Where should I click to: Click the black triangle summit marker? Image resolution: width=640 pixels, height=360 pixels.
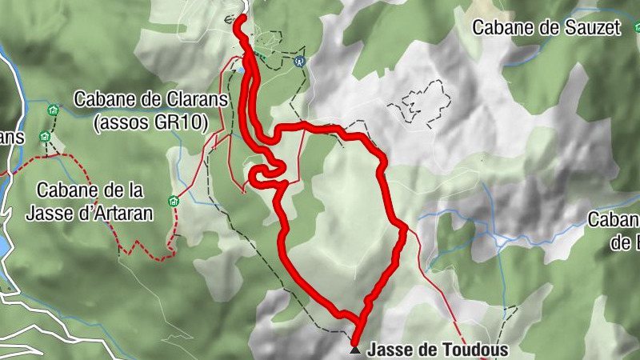coord(354,350)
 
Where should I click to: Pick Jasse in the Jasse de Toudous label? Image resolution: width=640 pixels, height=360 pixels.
coord(388,350)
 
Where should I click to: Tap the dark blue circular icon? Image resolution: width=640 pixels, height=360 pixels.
coord(300,60)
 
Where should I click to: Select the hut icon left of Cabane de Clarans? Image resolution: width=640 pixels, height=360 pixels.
coord(54,110)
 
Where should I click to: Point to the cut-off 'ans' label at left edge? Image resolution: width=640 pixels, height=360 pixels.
coord(12,138)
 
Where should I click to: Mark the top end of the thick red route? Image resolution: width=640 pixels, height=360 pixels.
coord(242,18)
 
